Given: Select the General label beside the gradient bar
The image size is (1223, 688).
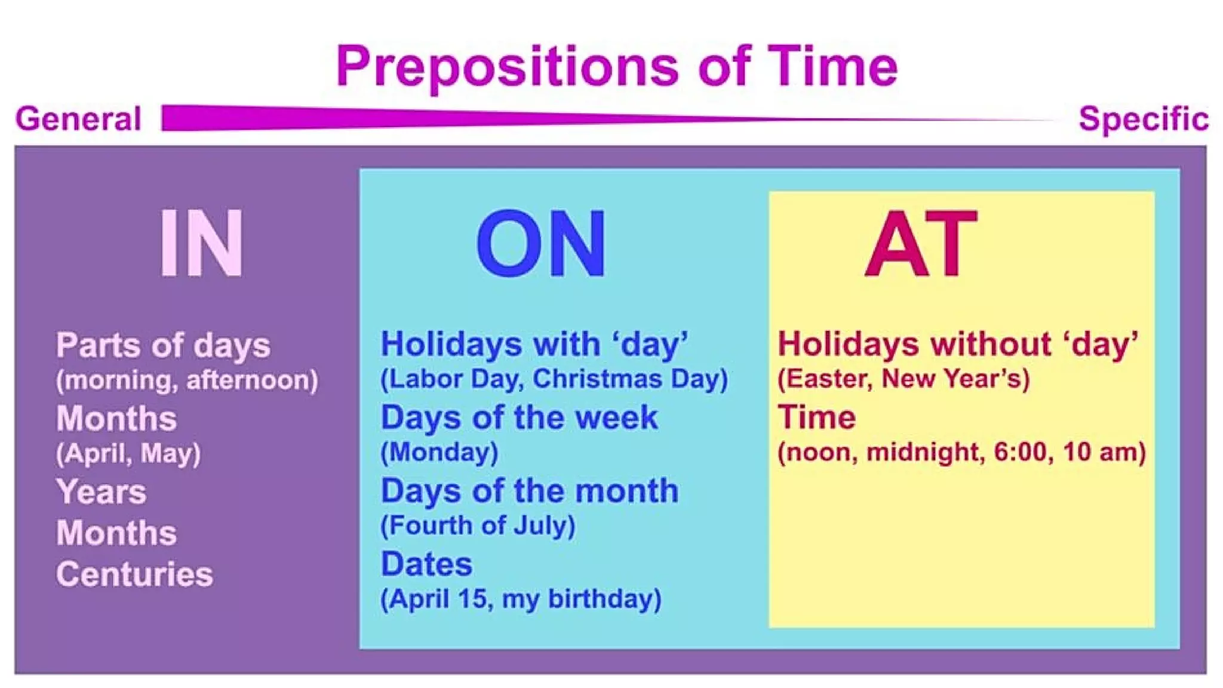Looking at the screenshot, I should coord(78,119).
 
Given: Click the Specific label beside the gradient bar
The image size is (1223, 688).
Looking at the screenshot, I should coord(1143,119).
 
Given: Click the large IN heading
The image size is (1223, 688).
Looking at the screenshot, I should coord(202,243).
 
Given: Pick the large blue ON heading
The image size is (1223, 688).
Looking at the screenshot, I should coord(541,244).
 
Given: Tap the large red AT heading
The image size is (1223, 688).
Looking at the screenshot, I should coord(921,243).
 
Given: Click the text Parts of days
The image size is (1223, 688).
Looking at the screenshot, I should coord(163,345).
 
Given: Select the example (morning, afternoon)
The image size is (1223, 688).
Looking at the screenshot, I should coord(187,380).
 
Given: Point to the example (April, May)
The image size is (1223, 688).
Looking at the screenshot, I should coord(128,453).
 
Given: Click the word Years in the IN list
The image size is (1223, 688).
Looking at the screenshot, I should coord(102,492).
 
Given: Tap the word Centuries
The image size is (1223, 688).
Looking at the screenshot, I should coord(134,575).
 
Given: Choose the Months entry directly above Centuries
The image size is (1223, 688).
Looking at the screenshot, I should coord(116,533).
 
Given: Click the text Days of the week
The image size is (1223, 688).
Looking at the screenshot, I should coord(519,417).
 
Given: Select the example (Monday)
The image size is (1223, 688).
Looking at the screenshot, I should coord(440,452).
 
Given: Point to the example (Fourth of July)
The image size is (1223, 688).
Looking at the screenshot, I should coord(478,526).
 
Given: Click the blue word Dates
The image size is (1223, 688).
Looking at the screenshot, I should coord(426,564).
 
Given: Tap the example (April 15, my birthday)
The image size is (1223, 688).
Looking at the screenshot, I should coord(521,599).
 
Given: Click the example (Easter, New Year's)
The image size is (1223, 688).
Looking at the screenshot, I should coord(903,379).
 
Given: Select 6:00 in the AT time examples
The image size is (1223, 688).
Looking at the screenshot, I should coord(1019,452).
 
